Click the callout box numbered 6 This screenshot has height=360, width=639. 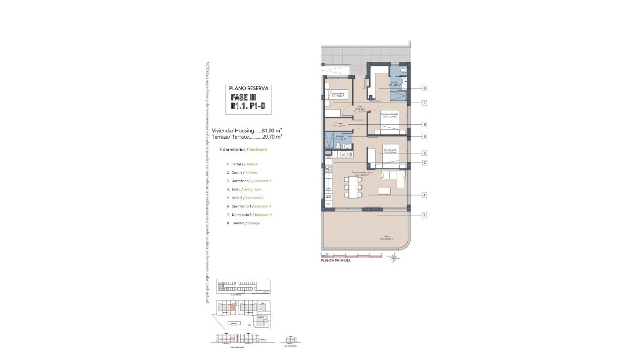point(425,88)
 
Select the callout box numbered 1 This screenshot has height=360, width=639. point(425,215)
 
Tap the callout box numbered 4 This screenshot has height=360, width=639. point(425,195)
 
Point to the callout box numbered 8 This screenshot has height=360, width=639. point(425,124)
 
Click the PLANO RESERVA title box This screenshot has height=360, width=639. point(249,88)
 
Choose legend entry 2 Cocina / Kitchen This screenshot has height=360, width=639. point(241,172)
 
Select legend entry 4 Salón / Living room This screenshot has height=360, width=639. point(243,189)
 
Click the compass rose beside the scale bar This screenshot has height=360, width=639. point(394,257)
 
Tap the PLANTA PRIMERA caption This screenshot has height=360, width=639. point(335,261)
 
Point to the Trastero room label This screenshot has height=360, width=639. point(339,124)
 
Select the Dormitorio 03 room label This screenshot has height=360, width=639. point(337,94)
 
